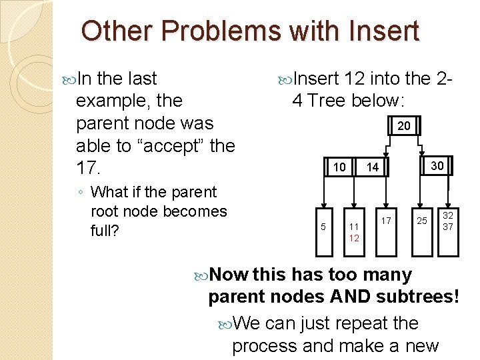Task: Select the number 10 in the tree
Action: pos(339,167)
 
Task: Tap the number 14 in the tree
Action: pos(372,167)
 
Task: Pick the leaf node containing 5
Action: pos(323,227)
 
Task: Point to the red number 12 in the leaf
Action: pos(354,238)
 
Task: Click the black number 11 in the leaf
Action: pos(354,227)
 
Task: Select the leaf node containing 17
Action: pos(386,221)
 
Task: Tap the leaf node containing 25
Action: pos(422,221)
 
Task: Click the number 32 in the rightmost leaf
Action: pos(449,216)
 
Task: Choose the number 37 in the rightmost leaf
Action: pos(449,227)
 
